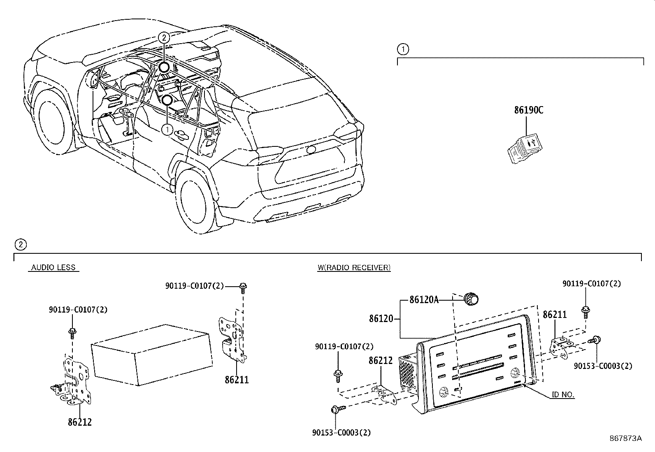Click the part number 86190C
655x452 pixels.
click(x=528, y=110)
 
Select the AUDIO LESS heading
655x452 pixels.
click(x=53, y=268)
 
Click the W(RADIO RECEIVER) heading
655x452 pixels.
click(x=354, y=268)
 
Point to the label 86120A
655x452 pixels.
click(x=424, y=300)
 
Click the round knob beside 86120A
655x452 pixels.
click(x=471, y=299)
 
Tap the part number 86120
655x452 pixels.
click(x=381, y=319)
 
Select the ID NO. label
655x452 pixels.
click(x=563, y=395)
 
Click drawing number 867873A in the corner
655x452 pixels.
click(x=625, y=438)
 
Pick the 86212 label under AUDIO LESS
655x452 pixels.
click(x=80, y=422)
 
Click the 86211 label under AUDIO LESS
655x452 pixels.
click(x=237, y=380)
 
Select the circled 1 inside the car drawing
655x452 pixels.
click(x=167, y=130)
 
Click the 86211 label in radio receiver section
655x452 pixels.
click(x=555, y=315)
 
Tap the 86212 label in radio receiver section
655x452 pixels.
click(x=381, y=361)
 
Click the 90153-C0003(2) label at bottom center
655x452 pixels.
click(x=341, y=433)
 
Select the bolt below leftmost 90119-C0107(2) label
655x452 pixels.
click(x=72, y=332)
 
